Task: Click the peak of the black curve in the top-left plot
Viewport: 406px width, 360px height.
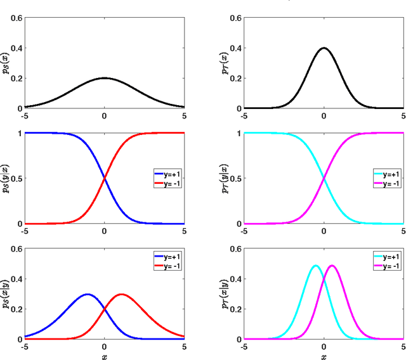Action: [x=105, y=79]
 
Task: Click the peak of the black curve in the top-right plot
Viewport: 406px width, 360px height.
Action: [x=324, y=48]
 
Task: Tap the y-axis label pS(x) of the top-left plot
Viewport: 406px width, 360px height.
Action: [x=7, y=62]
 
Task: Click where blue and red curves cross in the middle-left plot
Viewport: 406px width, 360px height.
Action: [x=105, y=178]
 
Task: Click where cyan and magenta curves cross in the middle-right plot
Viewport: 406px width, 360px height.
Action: [x=324, y=178]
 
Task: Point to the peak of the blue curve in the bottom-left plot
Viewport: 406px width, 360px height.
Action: [x=88, y=294]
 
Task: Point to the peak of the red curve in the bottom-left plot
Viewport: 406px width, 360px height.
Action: [x=122, y=294]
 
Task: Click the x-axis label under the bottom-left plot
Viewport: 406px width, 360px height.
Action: [x=105, y=356]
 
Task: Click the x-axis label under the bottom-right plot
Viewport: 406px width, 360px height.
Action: [x=324, y=356]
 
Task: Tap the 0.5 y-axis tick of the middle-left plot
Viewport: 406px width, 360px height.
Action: [x=16, y=178]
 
